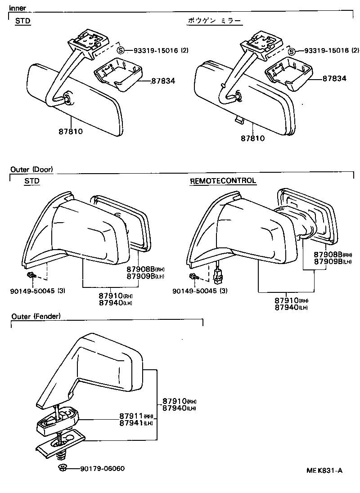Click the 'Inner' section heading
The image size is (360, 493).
click(18, 8)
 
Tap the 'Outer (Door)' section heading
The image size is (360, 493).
click(31, 170)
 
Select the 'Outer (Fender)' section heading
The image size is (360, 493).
click(36, 316)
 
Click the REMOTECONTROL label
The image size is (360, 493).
click(223, 181)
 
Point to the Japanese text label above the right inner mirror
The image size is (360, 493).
click(214, 21)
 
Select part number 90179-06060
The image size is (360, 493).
click(102, 469)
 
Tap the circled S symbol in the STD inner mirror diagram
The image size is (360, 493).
click(120, 50)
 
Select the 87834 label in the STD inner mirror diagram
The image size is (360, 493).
click(163, 81)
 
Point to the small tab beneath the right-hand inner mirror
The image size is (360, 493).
click(239, 119)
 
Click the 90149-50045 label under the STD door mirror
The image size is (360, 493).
click(37, 291)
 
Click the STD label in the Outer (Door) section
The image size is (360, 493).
click(31, 181)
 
